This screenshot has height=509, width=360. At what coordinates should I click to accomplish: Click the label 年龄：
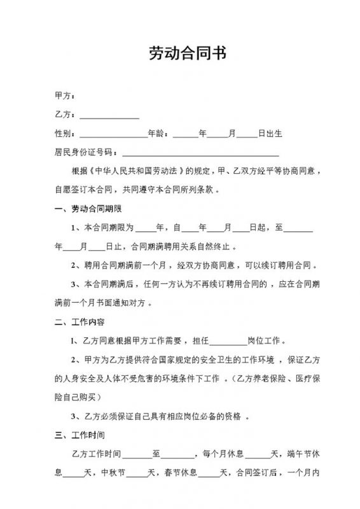click(158, 134)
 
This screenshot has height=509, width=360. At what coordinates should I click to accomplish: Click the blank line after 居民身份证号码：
click(200, 153)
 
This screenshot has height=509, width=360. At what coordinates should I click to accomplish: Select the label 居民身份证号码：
click(87, 153)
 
